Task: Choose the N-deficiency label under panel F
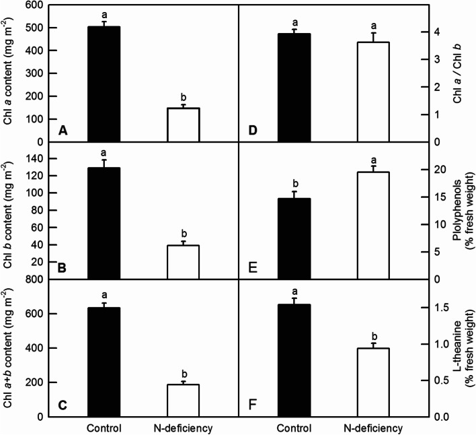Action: click(x=371, y=428)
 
